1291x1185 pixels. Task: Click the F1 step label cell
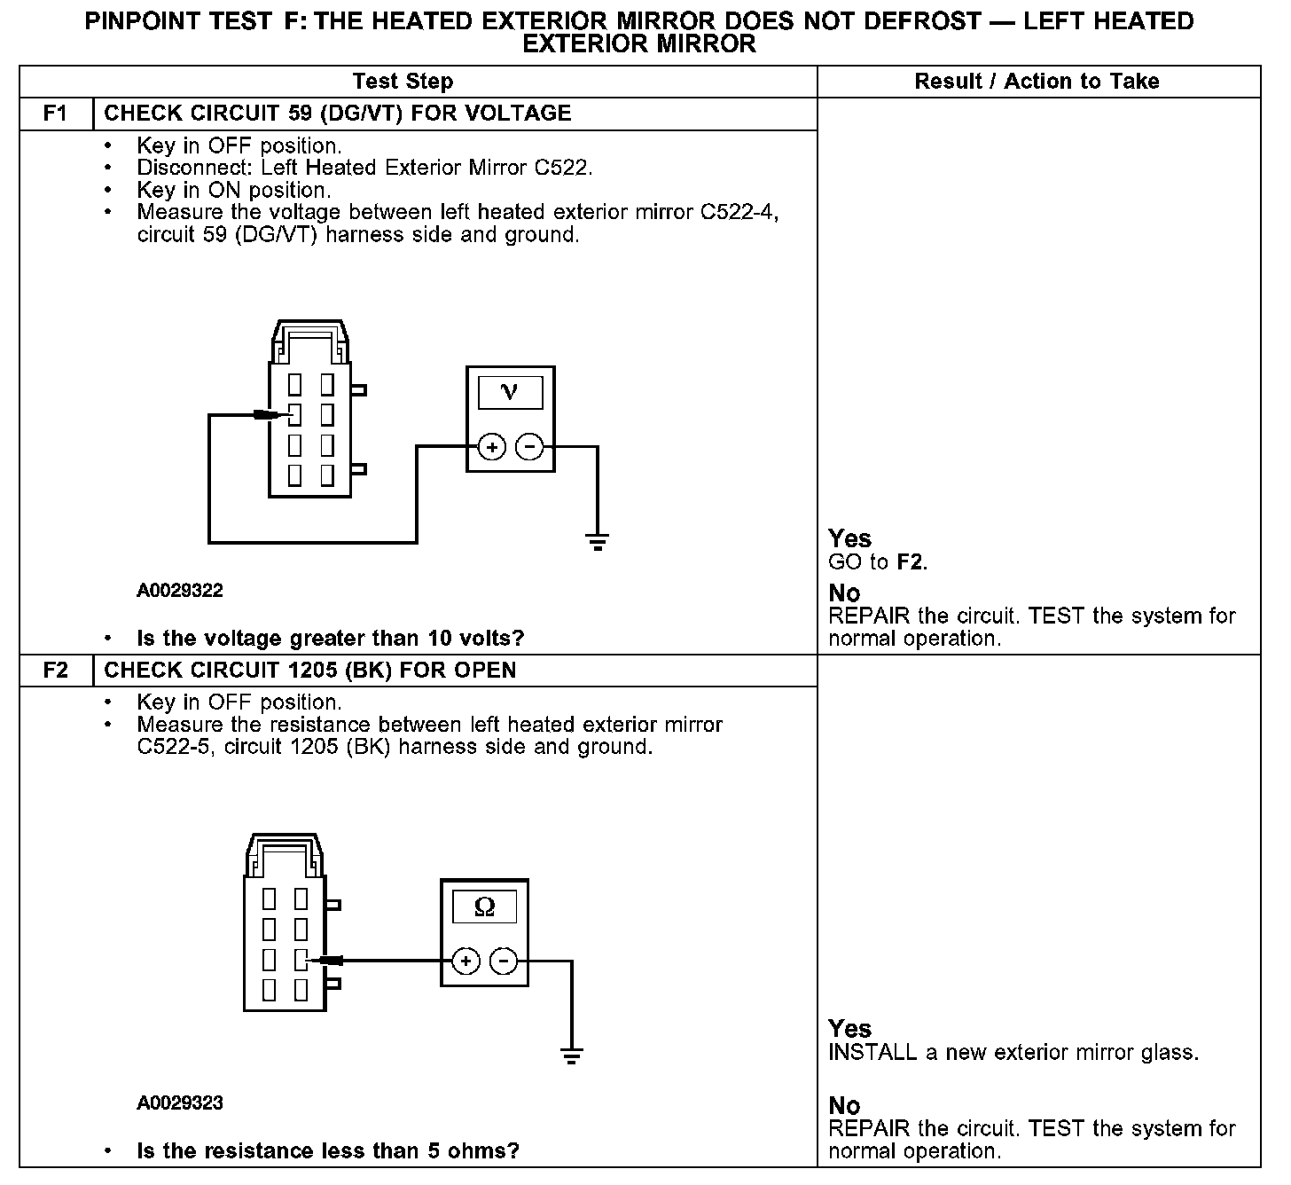[x=56, y=114]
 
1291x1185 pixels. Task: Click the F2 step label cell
[x=56, y=670]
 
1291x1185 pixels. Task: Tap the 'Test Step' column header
[x=403, y=82]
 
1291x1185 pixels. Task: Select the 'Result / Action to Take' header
[x=1037, y=82]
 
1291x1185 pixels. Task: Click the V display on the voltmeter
[x=510, y=392]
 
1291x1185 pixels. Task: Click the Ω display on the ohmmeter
[x=485, y=906]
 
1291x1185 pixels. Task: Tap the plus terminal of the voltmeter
[x=492, y=447]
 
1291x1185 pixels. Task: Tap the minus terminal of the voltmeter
[x=529, y=447]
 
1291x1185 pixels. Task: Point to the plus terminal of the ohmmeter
[x=466, y=961]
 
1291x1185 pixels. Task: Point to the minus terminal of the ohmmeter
[x=504, y=961]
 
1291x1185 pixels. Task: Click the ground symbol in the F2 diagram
[x=572, y=1055]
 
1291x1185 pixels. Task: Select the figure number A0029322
[x=180, y=591]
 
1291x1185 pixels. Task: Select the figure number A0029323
[x=180, y=1103]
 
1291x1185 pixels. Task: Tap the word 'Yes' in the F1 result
[x=849, y=538]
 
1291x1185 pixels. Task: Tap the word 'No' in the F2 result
[x=844, y=1105]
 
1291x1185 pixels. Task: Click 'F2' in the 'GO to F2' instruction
[x=911, y=562]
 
